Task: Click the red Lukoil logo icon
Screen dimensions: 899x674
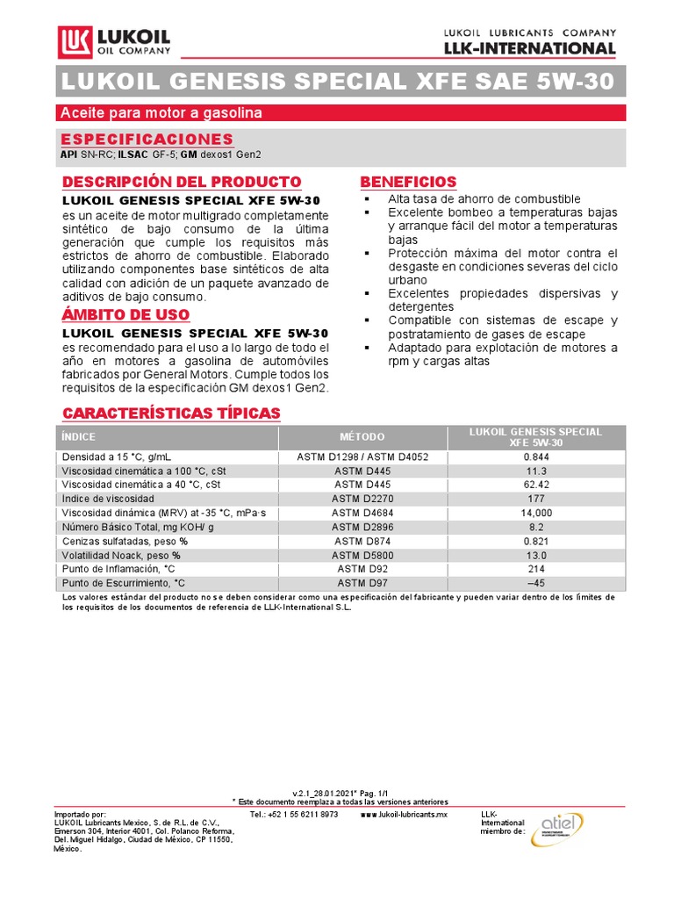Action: coord(73,43)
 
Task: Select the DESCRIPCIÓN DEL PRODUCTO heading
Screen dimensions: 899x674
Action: coord(181,182)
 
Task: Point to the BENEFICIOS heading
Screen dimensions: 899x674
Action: coord(408,182)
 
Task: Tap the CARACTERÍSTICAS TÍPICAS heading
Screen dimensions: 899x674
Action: coord(170,413)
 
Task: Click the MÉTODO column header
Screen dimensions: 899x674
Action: coord(362,437)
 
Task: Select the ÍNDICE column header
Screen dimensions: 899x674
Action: coord(79,437)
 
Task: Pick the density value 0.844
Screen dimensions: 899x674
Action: coord(535,457)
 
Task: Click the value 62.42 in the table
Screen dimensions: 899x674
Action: coord(535,485)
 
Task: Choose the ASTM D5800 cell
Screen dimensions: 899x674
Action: coord(362,556)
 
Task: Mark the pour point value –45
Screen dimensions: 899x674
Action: coord(535,584)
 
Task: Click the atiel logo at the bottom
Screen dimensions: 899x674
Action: coord(557,830)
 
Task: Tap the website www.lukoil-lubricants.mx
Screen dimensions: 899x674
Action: coord(404,815)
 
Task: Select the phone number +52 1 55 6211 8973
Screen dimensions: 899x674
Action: coord(294,815)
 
